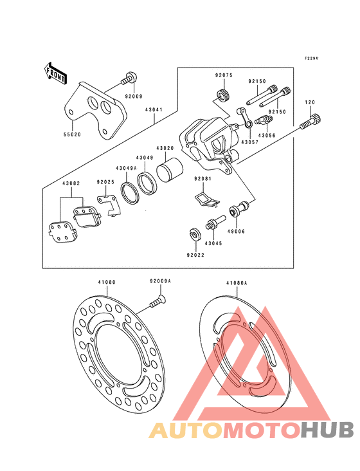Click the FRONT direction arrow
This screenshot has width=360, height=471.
pos(56,73)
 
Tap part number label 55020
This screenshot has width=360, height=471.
pos(72,134)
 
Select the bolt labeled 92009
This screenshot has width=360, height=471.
pos(129,78)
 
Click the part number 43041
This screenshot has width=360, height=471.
pos(154,110)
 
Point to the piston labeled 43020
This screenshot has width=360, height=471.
pos(170,170)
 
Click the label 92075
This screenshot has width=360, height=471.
pos(224,75)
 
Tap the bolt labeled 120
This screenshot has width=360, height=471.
pos(310,122)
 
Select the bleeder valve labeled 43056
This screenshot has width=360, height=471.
pos(264,121)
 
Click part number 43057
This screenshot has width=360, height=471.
pos(250,142)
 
